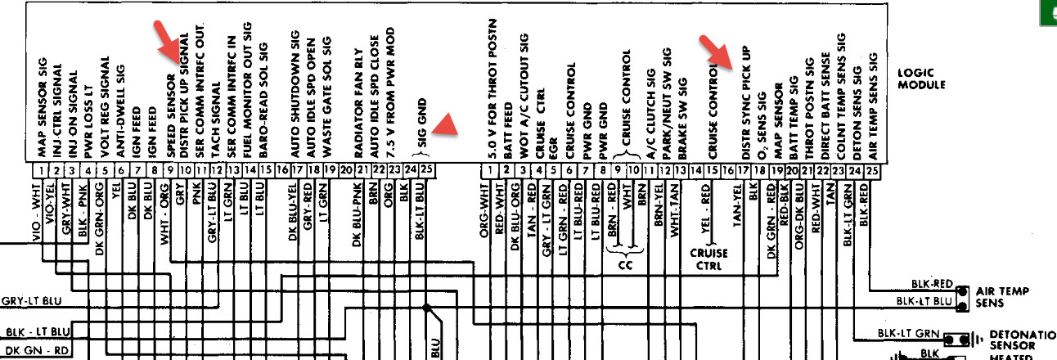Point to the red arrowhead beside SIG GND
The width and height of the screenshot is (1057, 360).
pos(443,124)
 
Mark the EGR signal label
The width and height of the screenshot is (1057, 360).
pos(554,146)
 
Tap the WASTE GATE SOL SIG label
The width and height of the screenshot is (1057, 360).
pos(328,97)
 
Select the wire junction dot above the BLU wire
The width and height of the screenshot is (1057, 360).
pos(427,308)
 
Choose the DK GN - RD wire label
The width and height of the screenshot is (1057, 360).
pos(37,350)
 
